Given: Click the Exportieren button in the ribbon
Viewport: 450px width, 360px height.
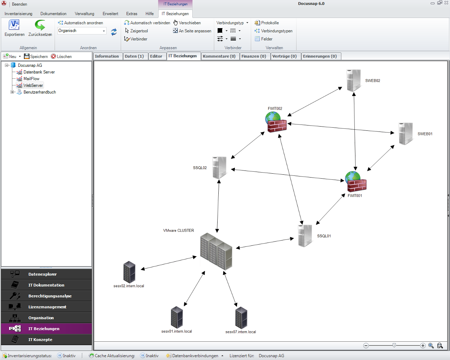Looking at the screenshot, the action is coord(14,28).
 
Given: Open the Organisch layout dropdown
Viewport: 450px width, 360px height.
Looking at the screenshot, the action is coord(82,31).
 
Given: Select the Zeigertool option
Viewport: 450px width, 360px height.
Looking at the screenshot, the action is coord(136,31).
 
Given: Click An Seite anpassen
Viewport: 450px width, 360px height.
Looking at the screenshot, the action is coord(192,31).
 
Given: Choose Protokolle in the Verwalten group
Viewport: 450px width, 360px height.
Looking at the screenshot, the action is coord(267,22).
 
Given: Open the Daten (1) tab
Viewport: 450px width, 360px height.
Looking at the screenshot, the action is coord(134,56).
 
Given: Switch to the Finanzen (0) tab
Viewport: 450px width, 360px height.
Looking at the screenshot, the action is coord(253,56).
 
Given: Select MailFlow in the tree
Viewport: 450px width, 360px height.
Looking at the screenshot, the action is coord(31,79).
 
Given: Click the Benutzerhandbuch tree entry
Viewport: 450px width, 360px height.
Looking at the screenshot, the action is coord(39,92).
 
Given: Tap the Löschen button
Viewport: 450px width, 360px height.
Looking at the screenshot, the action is coord(62,57).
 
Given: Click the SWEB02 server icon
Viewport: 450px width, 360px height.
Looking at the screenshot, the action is coord(353,80).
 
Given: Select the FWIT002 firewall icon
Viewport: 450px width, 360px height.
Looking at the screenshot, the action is coord(276,122).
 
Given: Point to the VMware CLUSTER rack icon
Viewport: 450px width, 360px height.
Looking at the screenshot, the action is coord(216,251).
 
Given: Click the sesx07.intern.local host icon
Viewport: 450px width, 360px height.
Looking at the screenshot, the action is coord(241,318).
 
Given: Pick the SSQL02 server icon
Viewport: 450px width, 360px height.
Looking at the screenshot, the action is coord(219,168).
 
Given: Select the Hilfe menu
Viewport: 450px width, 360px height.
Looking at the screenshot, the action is coord(149,14).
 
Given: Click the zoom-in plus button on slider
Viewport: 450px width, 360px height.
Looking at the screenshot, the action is coord(423,346).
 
